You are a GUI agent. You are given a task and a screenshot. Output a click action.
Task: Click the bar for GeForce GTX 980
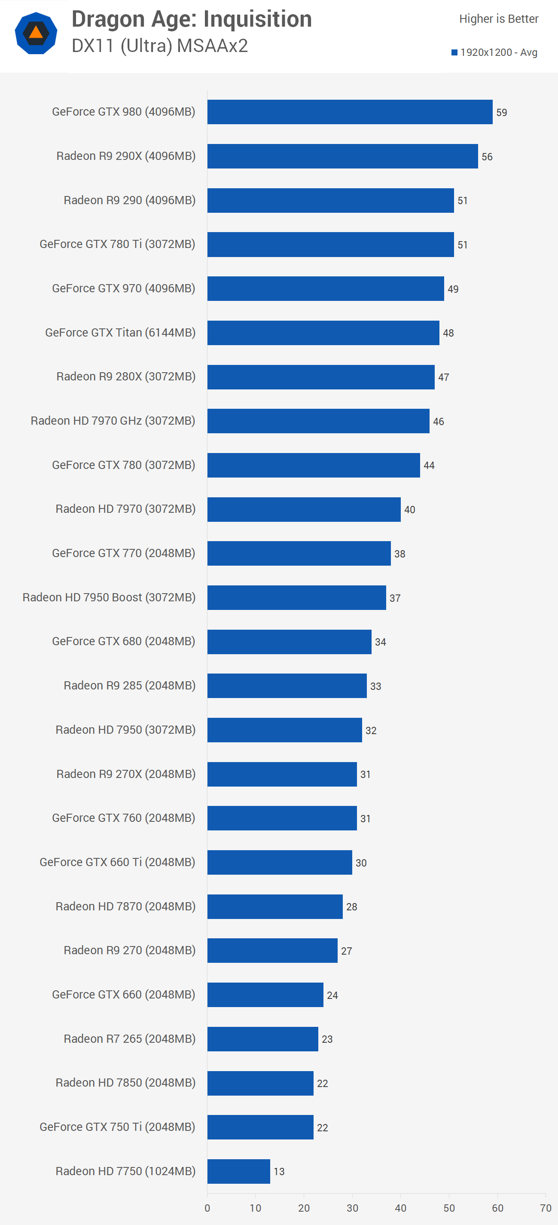pyautogui.click(x=350, y=112)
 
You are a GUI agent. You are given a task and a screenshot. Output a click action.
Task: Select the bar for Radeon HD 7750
pyautogui.click(x=238, y=1171)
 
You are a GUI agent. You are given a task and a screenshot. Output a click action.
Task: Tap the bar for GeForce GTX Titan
pyautogui.click(x=323, y=333)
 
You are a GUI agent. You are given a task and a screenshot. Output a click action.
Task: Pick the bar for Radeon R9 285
pyautogui.click(x=287, y=686)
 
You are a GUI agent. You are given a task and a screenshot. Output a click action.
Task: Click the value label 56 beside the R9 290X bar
pyautogui.click(x=487, y=157)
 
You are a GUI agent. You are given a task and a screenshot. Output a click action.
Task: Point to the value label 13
pyautogui.click(x=279, y=1172)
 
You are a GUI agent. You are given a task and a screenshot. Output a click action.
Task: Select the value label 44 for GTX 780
pyautogui.click(x=429, y=465)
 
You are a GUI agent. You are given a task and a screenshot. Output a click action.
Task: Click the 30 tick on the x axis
pyautogui.click(x=352, y=1208)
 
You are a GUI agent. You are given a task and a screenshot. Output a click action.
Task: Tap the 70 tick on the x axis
pyautogui.click(x=546, y=1208)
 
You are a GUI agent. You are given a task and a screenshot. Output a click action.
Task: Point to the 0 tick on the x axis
pyautogui.click(x=207, y=1208)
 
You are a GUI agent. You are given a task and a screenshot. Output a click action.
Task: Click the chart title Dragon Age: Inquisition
pyautogui.click(x=192, y=19)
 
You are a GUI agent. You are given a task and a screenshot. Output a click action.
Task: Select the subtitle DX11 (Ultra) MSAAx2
pyautogui.click(x=160, y=46)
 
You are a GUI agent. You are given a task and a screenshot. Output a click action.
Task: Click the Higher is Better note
pyautogui.click(x=499, y=19)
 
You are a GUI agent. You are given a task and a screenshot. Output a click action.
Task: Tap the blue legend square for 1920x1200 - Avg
pyautogui.click(x=454, y=52)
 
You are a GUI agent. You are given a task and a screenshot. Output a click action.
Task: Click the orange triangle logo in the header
pyautogui.click(x=36, y=33)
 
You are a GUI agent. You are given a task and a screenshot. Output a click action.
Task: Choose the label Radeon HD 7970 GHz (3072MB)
pyautogui.click(x=113, y=421)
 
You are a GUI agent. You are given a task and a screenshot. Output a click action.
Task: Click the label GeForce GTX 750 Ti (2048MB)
pyautogui.click(x=117, y=1127)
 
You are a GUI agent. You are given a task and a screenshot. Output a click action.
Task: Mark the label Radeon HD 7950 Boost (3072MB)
pyautogui.click(x=109, y=597)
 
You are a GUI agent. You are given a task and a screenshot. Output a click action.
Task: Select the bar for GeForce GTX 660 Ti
pyautogui.click(x=280, y=862)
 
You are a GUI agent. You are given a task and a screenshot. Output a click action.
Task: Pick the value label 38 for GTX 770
pyautogui.click(x=399, y=554)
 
